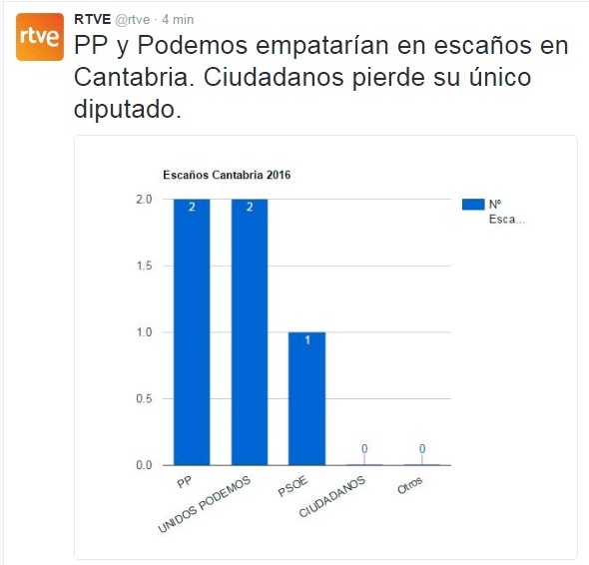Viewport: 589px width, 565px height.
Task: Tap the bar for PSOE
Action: click(x=306, y=398)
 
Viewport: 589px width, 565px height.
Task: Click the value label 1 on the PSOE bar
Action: click(x=306, y=339)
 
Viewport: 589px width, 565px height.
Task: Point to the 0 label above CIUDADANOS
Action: click(x=364, y=449)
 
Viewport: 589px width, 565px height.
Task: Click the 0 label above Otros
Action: click(x=422, y=449)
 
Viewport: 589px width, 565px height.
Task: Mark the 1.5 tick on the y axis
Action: click(x=143, y=266)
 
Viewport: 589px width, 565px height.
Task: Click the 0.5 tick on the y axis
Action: click(x=143, y=398)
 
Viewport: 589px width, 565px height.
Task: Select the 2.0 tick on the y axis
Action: click(x=143, y=199)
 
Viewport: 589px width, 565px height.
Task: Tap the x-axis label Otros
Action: click(x=410, y=486)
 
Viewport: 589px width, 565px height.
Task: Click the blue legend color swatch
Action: click(x=473, y=204)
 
